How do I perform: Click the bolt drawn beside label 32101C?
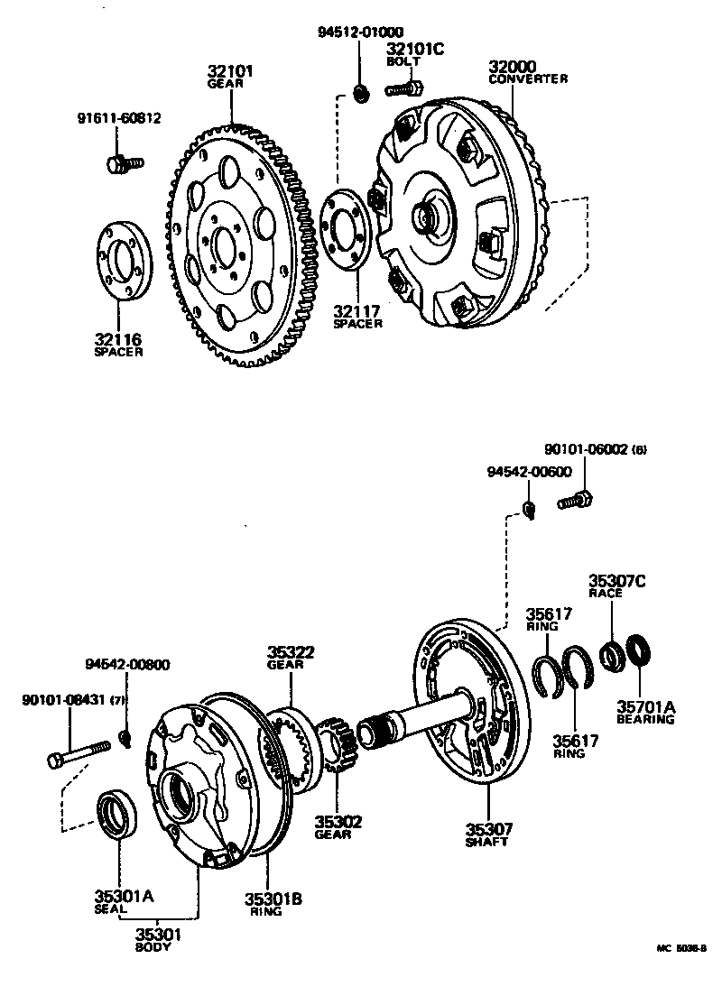403,89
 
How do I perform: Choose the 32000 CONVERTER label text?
528,72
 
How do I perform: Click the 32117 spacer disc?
344,229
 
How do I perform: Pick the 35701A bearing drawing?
640,650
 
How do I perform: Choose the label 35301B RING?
273,903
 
